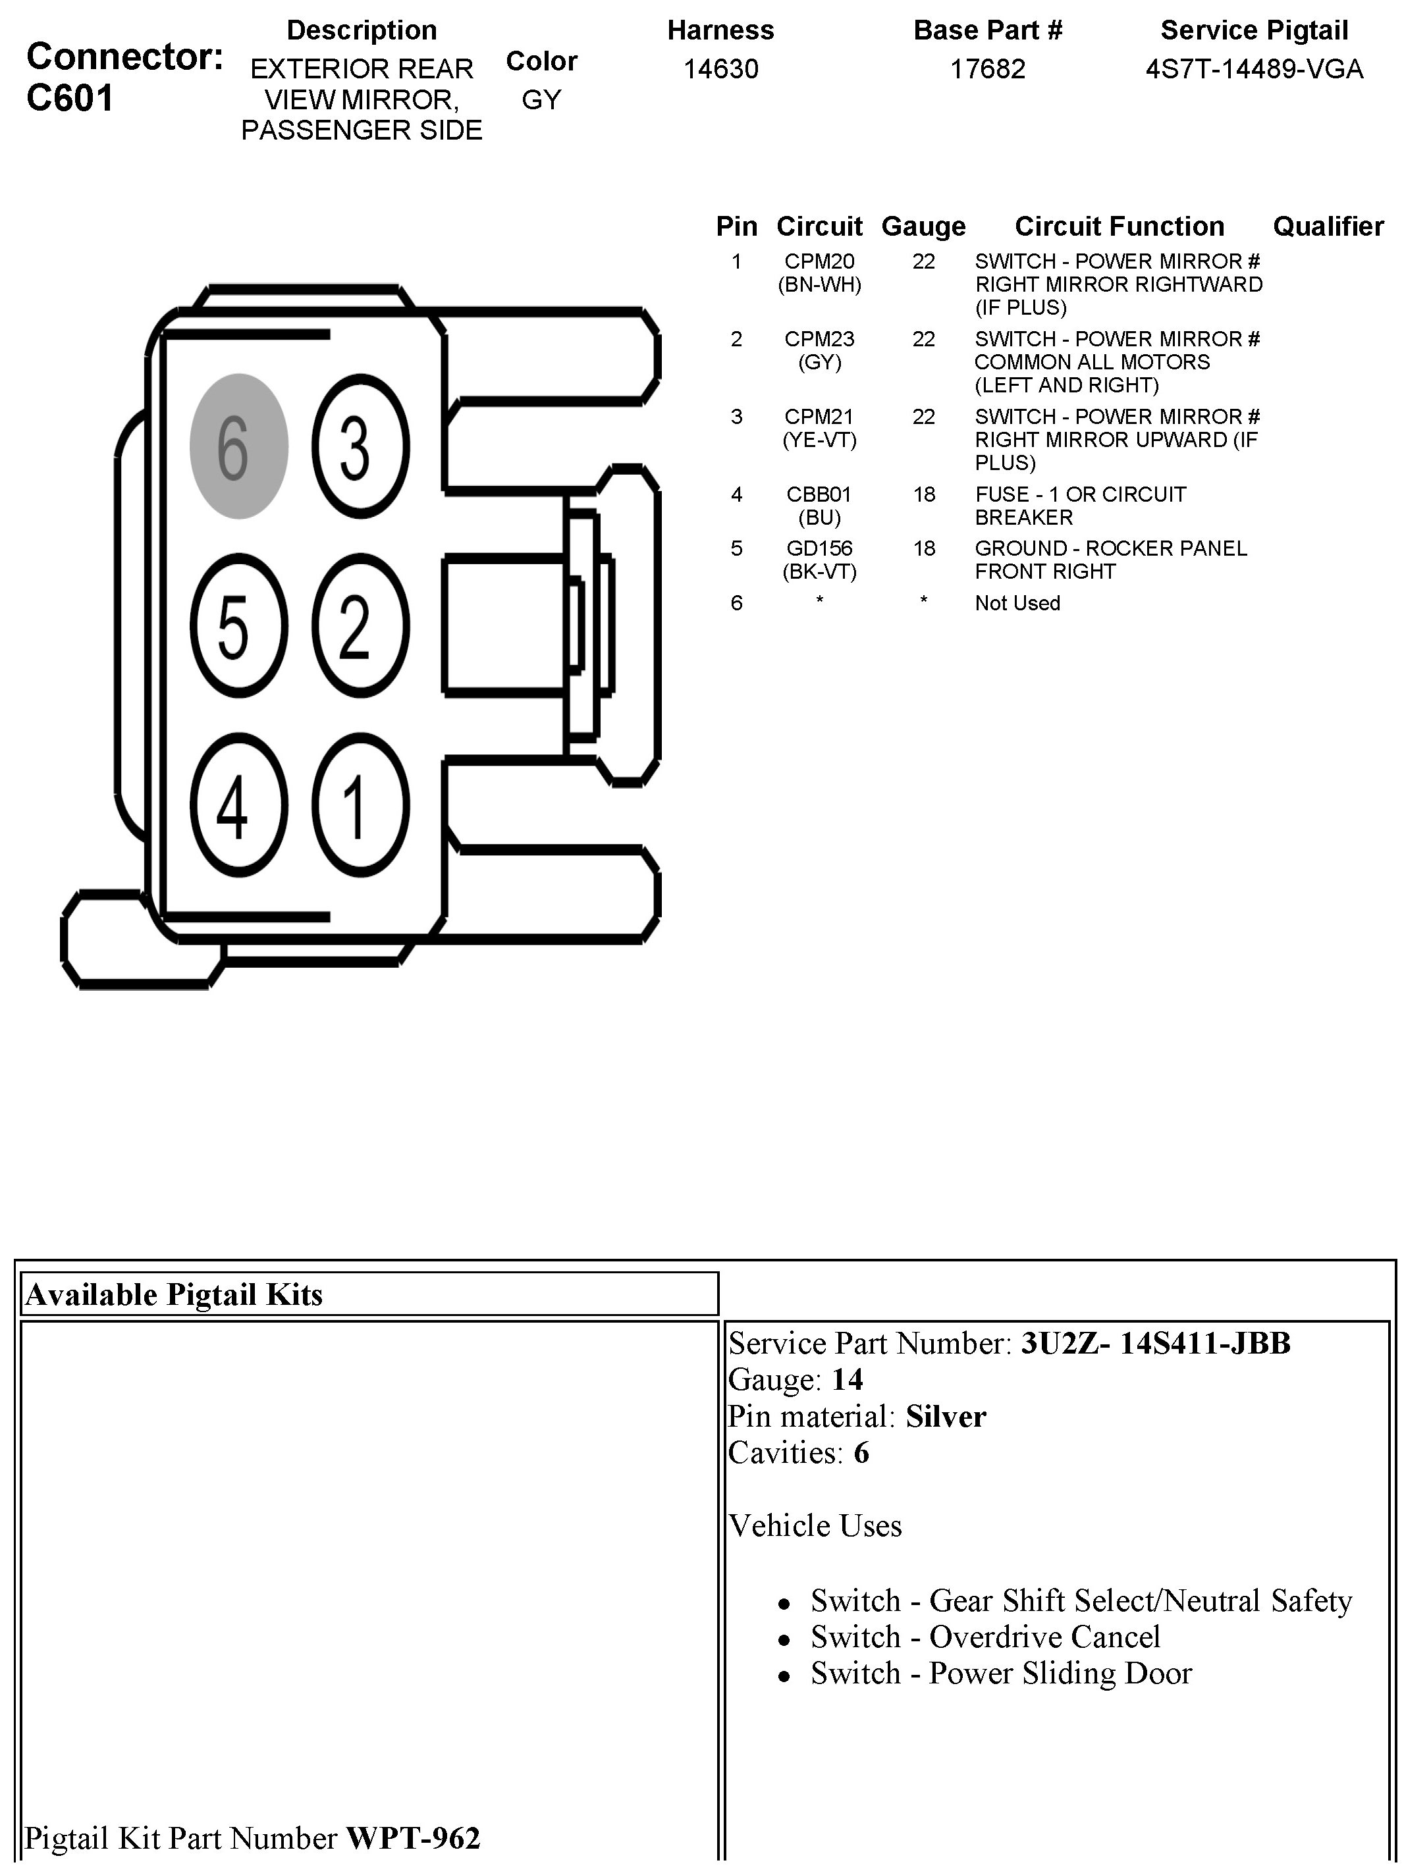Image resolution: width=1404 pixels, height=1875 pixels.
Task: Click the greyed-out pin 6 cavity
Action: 238,446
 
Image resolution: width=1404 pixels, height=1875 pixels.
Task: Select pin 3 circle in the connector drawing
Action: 360,446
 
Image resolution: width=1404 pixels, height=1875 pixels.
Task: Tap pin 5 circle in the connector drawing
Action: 238,625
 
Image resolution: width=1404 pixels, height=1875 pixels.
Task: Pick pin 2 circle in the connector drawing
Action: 360,625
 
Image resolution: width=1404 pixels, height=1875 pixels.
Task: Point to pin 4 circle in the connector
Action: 238,805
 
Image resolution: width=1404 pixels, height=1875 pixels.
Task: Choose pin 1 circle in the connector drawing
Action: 360,805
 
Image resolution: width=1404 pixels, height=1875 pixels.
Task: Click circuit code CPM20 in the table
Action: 819,262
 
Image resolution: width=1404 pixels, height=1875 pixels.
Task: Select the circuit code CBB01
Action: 819,494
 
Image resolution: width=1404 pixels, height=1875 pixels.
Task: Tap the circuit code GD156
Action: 819,548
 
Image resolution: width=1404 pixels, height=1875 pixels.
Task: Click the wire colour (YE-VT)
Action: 819,440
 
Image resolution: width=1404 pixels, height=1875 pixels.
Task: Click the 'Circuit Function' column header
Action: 1119,226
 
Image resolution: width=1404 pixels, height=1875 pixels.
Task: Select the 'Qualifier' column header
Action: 1328,226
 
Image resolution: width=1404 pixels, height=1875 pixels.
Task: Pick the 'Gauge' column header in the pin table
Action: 923,226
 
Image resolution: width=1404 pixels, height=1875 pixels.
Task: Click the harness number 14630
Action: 720,68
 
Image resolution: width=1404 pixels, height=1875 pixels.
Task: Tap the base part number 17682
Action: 988,68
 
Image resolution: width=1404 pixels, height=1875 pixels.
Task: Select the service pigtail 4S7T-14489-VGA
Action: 1254,68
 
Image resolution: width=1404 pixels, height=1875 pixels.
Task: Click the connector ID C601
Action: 70,98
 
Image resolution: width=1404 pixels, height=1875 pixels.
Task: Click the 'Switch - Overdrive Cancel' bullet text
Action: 985,1637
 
